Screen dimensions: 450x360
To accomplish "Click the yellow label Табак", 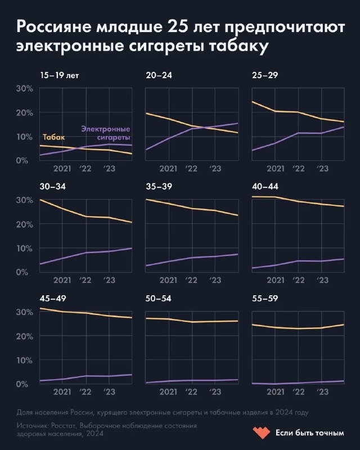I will pos(54,137).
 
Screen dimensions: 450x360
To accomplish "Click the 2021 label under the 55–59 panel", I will pos(275,391).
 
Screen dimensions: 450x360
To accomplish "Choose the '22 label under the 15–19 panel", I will pos(85,168).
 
